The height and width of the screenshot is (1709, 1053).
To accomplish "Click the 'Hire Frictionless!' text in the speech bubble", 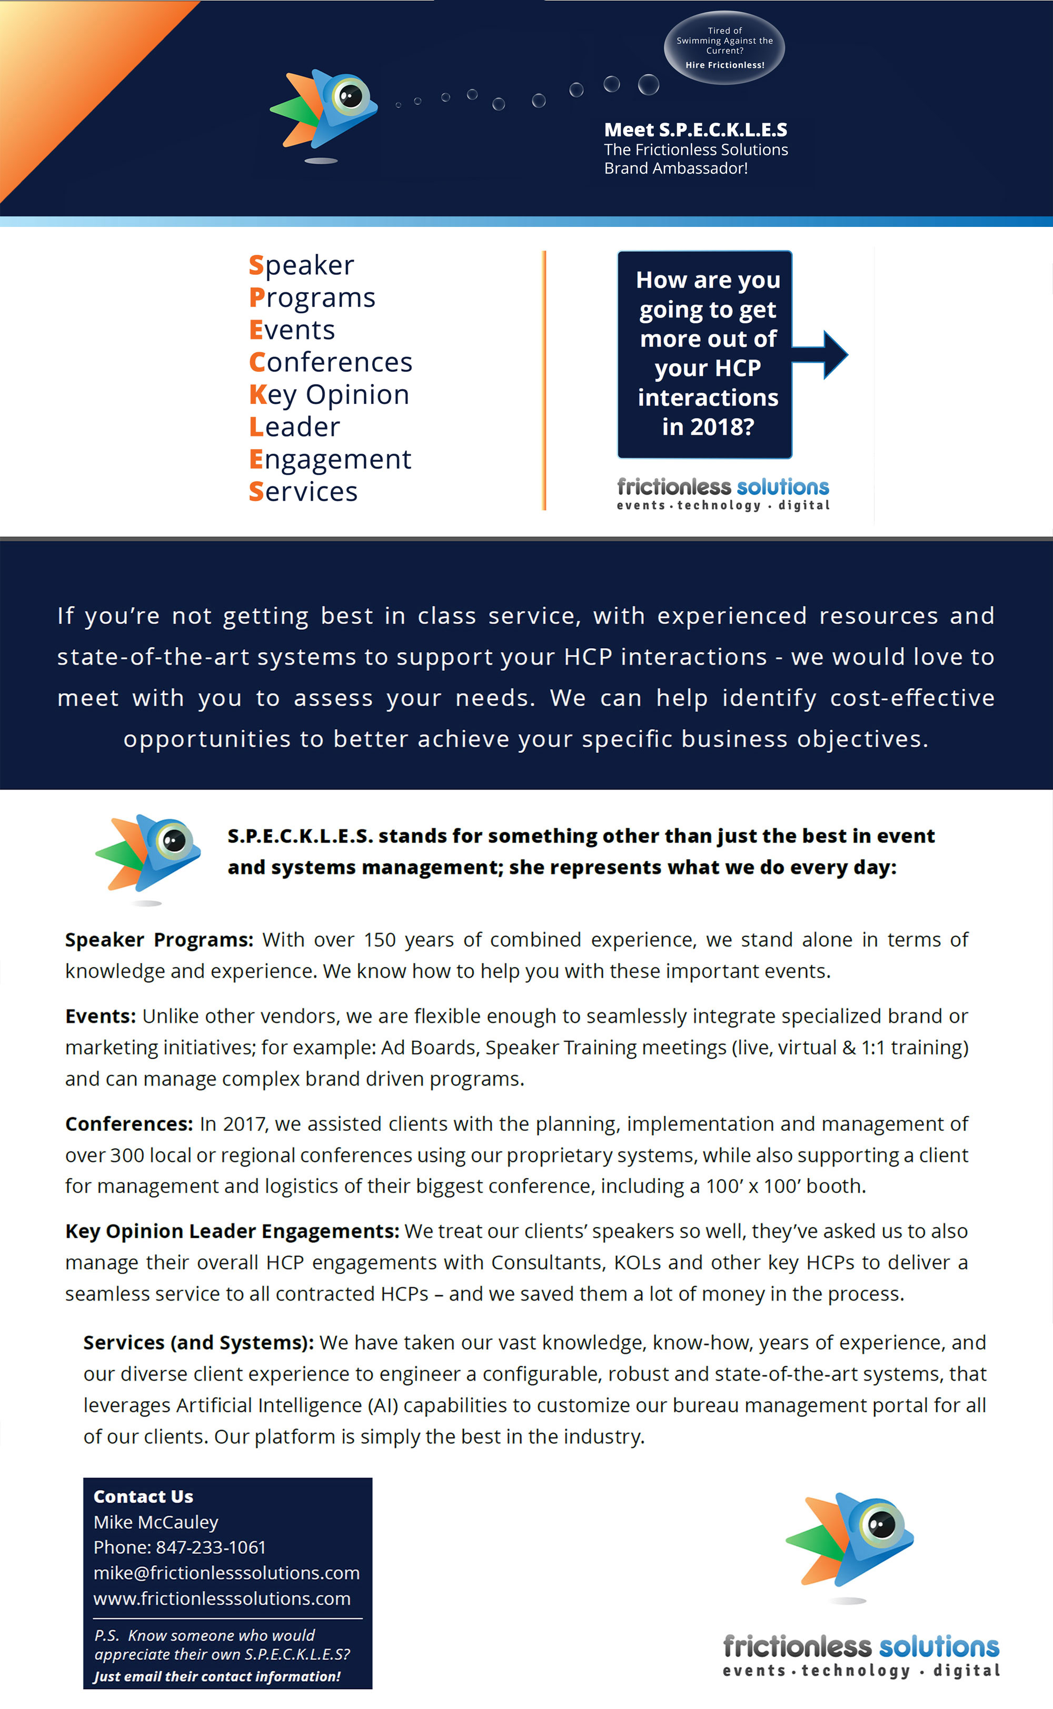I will (x=724, y=65).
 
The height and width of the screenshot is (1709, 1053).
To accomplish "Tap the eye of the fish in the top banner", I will (x=350, y=95).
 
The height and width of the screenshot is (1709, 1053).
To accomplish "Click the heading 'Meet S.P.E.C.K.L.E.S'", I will (x=695, y=130).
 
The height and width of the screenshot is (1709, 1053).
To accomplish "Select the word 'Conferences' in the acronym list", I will (x=331, y=362).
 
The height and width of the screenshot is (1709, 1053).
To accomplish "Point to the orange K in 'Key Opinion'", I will (x=257, y=394).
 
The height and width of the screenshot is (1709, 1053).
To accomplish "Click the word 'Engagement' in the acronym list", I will (x=330, y=459).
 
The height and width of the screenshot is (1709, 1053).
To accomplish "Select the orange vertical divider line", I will (x=544, y=380).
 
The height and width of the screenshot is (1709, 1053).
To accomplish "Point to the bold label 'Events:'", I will (x=100, y=1016).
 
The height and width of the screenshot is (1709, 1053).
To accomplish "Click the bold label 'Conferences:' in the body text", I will (x=129, y=1124).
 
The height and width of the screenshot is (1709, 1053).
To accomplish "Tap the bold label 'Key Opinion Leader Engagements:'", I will (x=232, y=1231).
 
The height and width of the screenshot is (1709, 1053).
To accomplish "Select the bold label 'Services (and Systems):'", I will (x=198, y=1343).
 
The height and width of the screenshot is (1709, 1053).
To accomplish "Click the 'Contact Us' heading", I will (x=143, y=1497).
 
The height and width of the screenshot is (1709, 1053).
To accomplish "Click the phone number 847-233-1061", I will (x=210, y=1547).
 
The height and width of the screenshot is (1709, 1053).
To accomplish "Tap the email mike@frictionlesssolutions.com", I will (x=226, y=1573).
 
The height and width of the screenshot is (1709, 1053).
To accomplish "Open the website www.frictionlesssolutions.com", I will (x=222, y=1598).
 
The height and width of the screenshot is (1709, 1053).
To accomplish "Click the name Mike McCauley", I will (x=156, y=1523).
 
